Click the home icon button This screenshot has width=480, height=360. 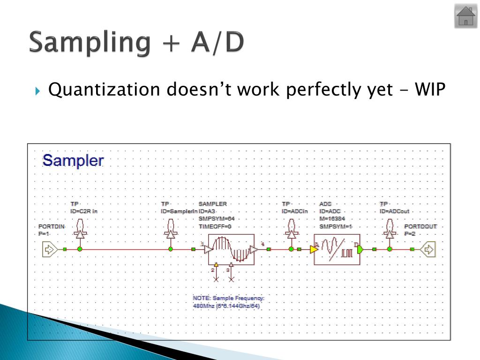(465, 16)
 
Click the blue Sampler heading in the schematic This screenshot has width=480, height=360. (73, 161)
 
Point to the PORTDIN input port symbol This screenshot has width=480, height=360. (49, 249)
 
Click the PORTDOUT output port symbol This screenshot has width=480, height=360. (428, 249)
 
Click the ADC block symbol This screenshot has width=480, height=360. (337, 250)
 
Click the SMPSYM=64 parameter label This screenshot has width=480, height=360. (216, 219)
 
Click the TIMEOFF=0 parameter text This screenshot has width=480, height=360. (215, 226)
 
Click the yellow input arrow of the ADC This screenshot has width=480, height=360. (313, 249)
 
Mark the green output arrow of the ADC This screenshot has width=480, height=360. (360, 249)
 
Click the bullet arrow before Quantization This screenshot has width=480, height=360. (38, 89)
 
